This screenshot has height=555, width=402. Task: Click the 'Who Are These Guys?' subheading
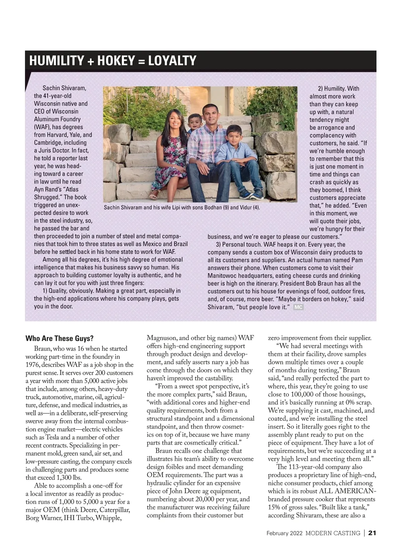(59, 338)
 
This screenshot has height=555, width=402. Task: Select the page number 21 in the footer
(373, 533)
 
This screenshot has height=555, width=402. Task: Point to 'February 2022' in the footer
(284, 533)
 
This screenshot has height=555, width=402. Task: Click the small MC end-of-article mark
(298, 307)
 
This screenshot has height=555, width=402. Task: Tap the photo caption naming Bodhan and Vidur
(182, 208)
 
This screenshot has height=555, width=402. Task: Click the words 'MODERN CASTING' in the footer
(333, 533)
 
